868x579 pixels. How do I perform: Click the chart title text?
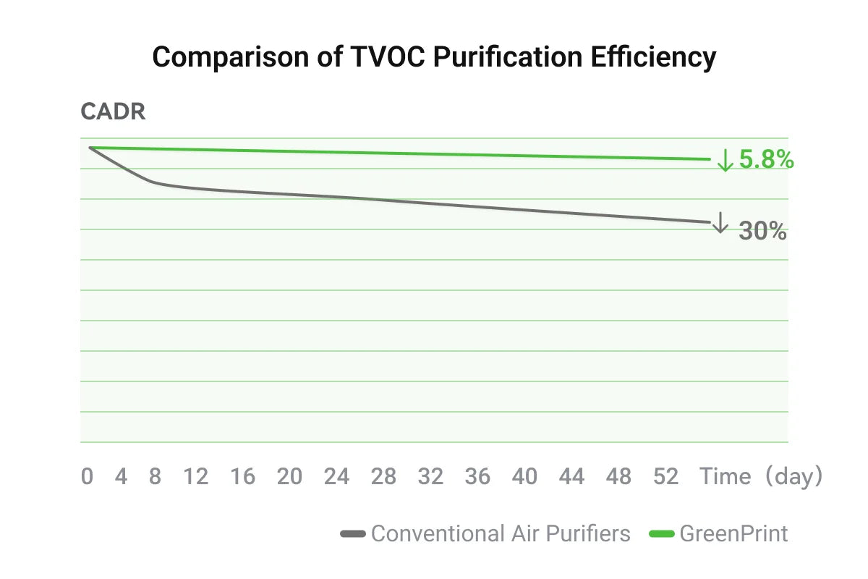(434, 57)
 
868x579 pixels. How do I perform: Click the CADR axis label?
(113, 112)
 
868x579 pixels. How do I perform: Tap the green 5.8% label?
(766, 160)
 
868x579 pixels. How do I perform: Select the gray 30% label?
(762, 231)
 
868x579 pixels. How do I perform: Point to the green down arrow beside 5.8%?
(725, 160)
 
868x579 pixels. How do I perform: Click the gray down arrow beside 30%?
(720, 223)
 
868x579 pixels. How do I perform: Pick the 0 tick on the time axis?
(88, 476)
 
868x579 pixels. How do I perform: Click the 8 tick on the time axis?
(155, 476)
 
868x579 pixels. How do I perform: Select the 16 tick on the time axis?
(243, 476)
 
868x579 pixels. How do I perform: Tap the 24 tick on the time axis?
(337, 476)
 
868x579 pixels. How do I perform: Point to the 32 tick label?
(431, 476)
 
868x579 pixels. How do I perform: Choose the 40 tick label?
(525, 476)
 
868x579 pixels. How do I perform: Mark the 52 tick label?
(666, 476)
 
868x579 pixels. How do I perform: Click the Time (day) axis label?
(760, 476)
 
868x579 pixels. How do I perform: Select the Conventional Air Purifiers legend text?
(501, 534)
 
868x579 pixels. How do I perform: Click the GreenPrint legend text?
(733, 534)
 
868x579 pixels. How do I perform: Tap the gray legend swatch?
(353, 534)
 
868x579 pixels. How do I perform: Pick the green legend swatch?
(662, 534)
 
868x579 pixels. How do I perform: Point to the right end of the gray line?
(710, 221)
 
